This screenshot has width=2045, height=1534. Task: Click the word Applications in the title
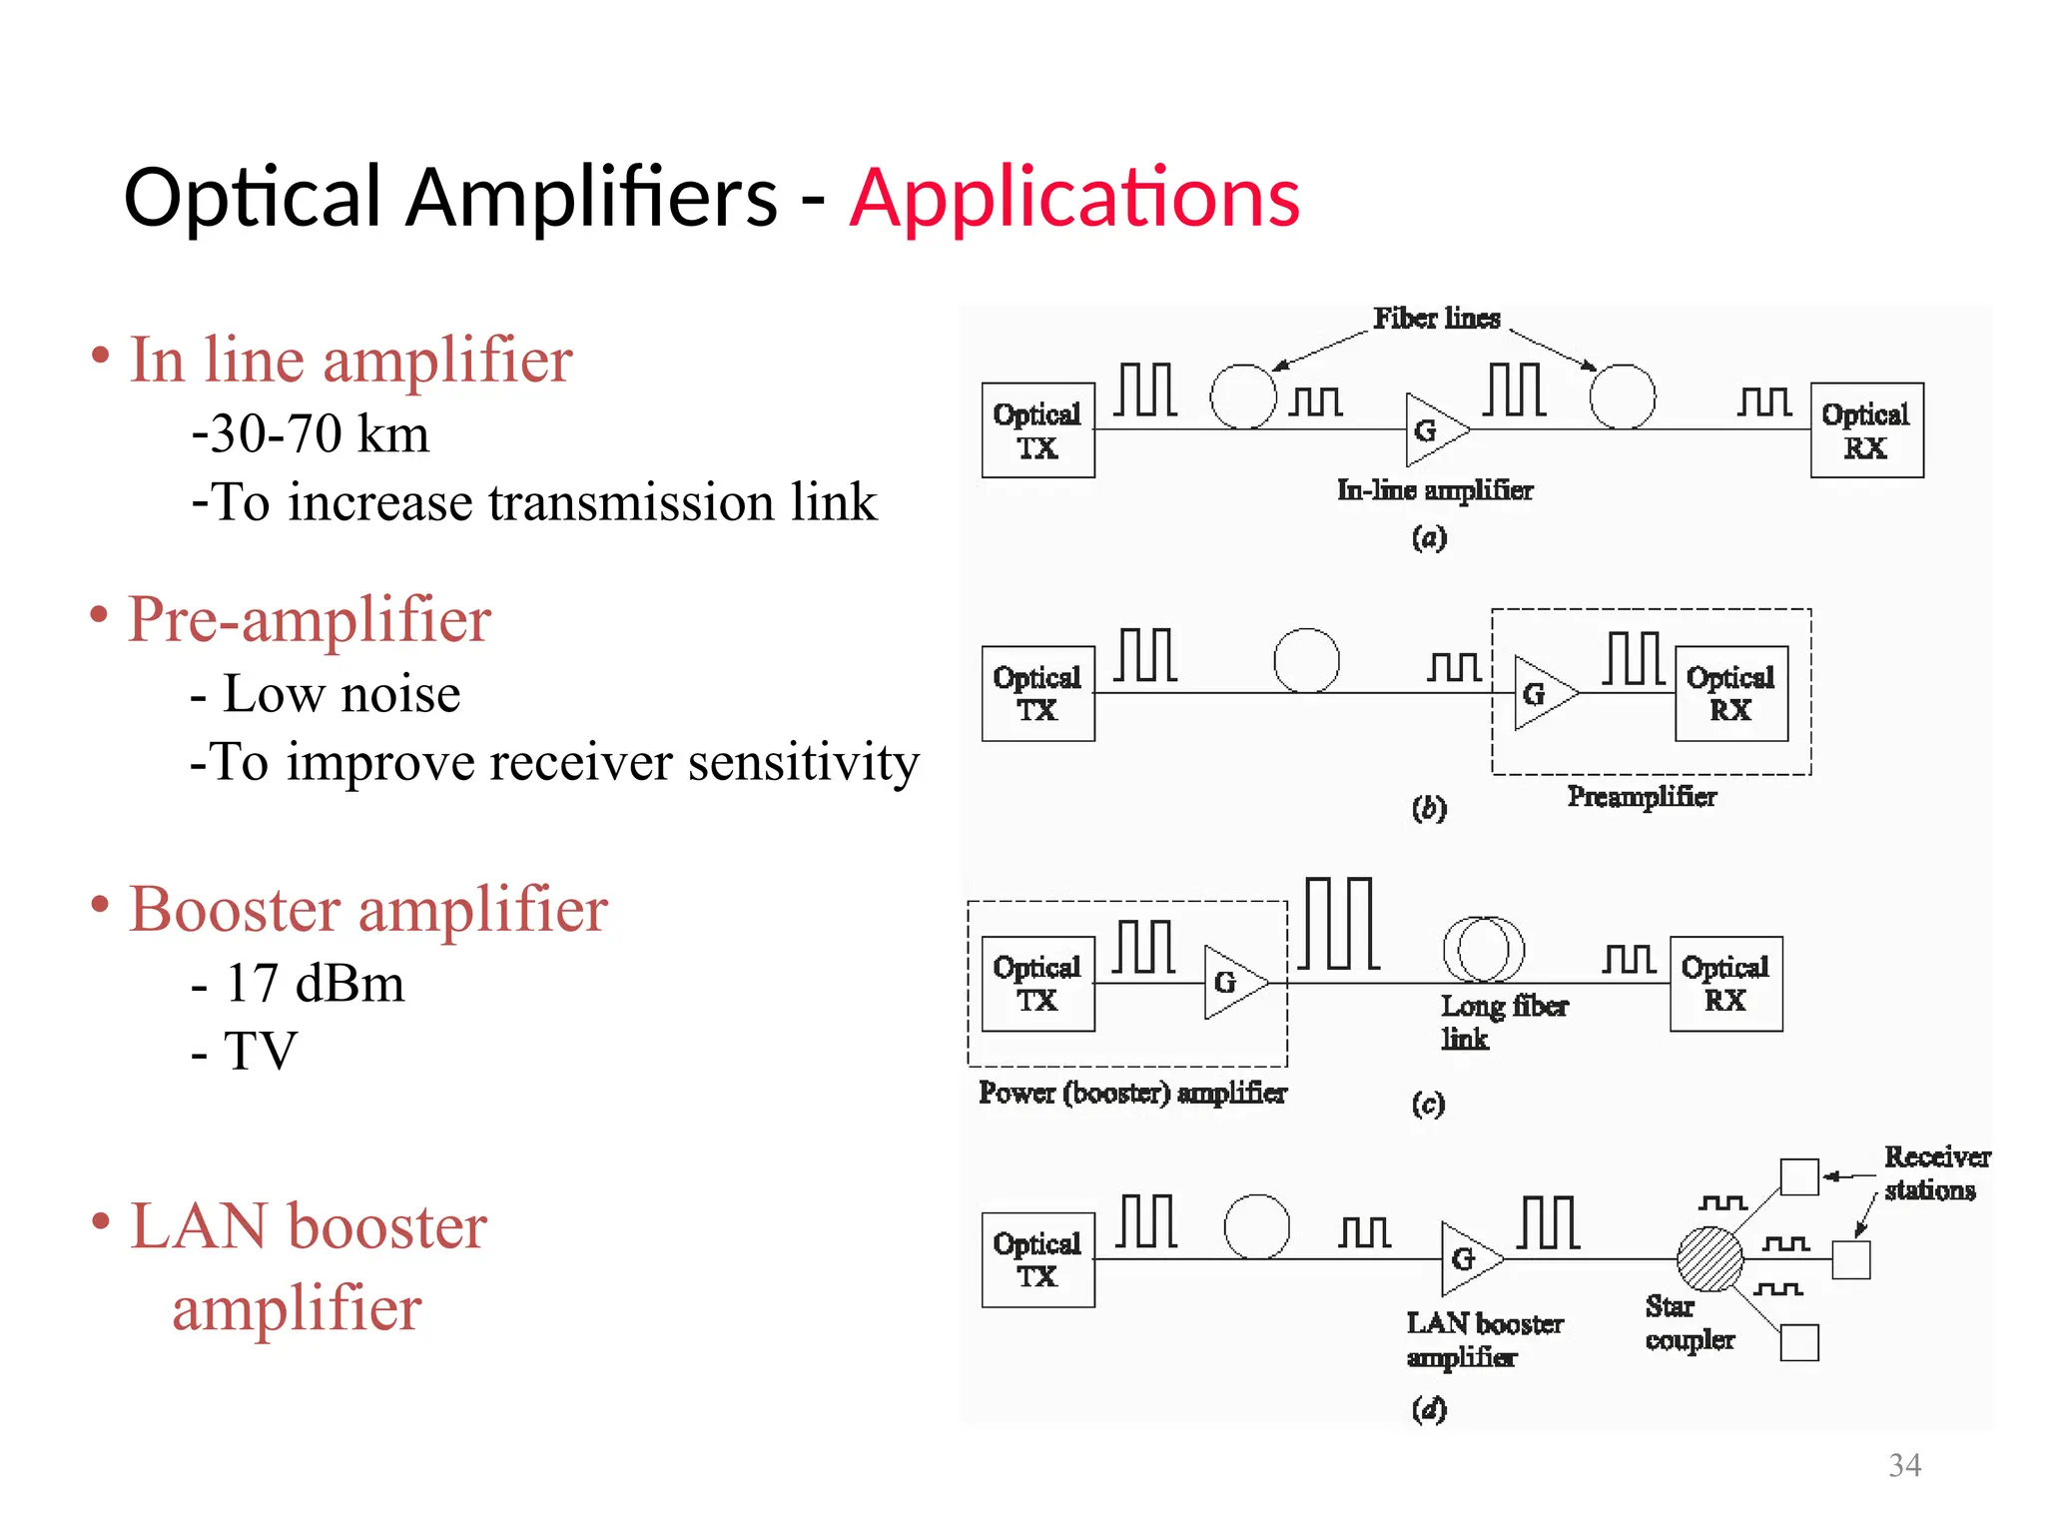pyautogui.click(x=1074, y=198)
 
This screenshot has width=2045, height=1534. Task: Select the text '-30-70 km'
pyautogui.click(x=310, y=433)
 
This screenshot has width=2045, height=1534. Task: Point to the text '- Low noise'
pyautogui.click(x=326, y=693)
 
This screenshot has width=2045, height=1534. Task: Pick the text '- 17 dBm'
pyautogui.click(x=298, y=983)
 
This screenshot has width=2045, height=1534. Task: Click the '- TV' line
pyautogui.click(x=244, y=1051)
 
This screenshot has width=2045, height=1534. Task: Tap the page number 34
pyautogui.click(x=1904, y=1465)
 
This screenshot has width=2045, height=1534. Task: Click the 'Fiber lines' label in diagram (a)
pyautogui.click(x=1436, y=319)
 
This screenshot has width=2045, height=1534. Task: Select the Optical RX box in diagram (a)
pyautogui.click(x=1866, y=430)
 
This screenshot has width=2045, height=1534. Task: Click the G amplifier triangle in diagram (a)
pyautogui.click(x=1433, y=430)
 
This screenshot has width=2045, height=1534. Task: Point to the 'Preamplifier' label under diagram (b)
pyautogui.click(x=1642, y=796)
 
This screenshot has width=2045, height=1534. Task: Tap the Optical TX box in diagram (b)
pyautogui.click(x=1037, y=693)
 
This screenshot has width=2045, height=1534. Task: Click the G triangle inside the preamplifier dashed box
pyautogui.click(x=1541, y=693)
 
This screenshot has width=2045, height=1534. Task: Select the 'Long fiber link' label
pyautogui.click(x=1502, y=1021)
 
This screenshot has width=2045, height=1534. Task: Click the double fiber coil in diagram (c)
pyautogui.click(x=1484, y=949)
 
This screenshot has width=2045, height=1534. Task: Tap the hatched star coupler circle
pyautogui.click(x=1709, y=1259)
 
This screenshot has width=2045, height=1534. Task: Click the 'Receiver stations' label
pyautogui.click(x=1935, y=1172)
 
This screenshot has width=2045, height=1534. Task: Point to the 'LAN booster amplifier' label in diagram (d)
pyautogui.click(x=1484, y=1339)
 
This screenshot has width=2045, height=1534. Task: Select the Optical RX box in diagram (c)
pyautogui.click(x=1725, y=984)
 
